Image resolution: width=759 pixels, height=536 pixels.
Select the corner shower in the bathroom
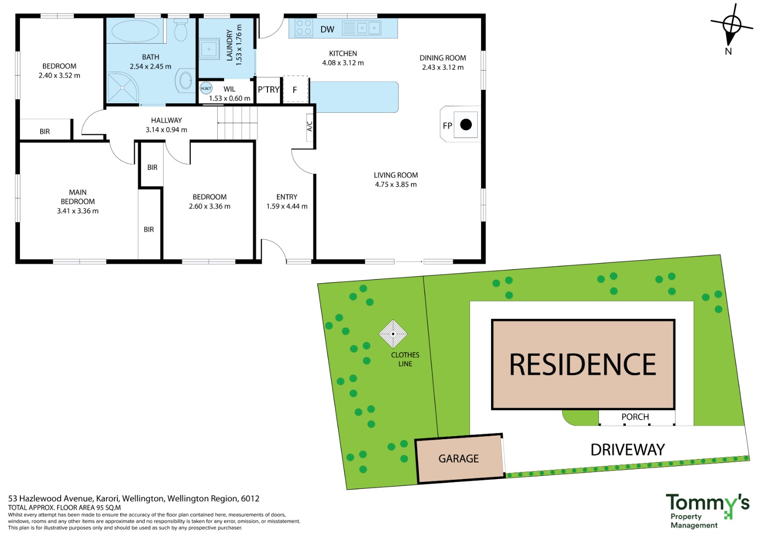(x=123, y=87)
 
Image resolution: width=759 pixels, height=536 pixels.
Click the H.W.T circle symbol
(x=206, y=88)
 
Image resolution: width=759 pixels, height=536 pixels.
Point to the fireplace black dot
(x=466, y=125)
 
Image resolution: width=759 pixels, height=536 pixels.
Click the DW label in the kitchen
(x=328, y=29)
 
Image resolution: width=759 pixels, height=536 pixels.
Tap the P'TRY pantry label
(x=268, y=90)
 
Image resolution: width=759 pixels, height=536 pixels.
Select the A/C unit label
(x=309, y=126)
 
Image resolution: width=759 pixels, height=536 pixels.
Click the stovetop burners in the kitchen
(x=304, y=27)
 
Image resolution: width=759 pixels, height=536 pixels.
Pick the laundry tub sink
(x=209, y=49)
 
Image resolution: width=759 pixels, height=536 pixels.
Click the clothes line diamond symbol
(x=393, y=334)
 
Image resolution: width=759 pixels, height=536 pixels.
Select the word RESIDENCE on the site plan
(x=583, y=365)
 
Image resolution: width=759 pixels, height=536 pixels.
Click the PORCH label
(x=635, y=417)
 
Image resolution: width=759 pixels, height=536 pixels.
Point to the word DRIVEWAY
(x=628, y=450)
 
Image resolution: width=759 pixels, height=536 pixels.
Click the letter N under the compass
(x=728, y=52)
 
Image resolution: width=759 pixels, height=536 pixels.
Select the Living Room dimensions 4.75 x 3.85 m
(x=396, y=184)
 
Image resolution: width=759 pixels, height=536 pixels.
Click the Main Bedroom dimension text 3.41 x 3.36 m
(x=78, y=211)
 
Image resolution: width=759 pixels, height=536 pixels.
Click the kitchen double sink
(x=361, y=28)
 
